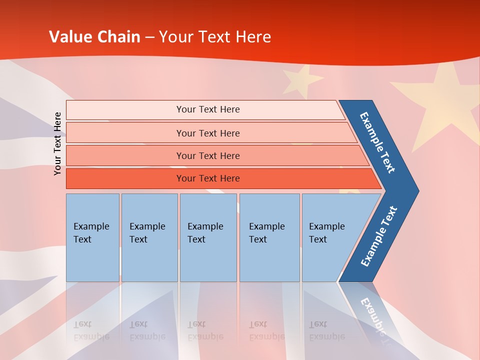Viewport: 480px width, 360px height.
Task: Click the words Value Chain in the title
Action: tap(94, 37)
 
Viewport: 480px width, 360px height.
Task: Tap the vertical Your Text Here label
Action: tap(58, 143)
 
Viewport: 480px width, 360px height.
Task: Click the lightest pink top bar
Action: tap(208, 109)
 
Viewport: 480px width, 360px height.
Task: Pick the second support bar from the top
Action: tap(208, 133)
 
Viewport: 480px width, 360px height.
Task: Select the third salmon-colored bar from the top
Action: tap(208, 156)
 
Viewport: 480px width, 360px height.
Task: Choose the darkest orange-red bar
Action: tap(208, 178)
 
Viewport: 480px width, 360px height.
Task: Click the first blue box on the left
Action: tap(92, 237)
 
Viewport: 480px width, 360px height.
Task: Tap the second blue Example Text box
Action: tap(149, 237)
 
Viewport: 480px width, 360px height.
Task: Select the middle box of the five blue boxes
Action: tap(208, 237)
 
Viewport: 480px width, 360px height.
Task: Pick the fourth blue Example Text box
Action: tap(269, 237)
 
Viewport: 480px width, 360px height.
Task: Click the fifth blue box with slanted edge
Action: tap(330, 237)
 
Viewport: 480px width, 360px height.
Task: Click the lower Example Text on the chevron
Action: tap(379, 236)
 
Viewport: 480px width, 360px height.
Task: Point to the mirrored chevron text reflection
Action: tap(375, 317)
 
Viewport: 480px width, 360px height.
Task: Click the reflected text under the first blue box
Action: tap(91, 330)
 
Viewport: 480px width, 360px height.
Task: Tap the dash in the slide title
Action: tap(149, 37)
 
